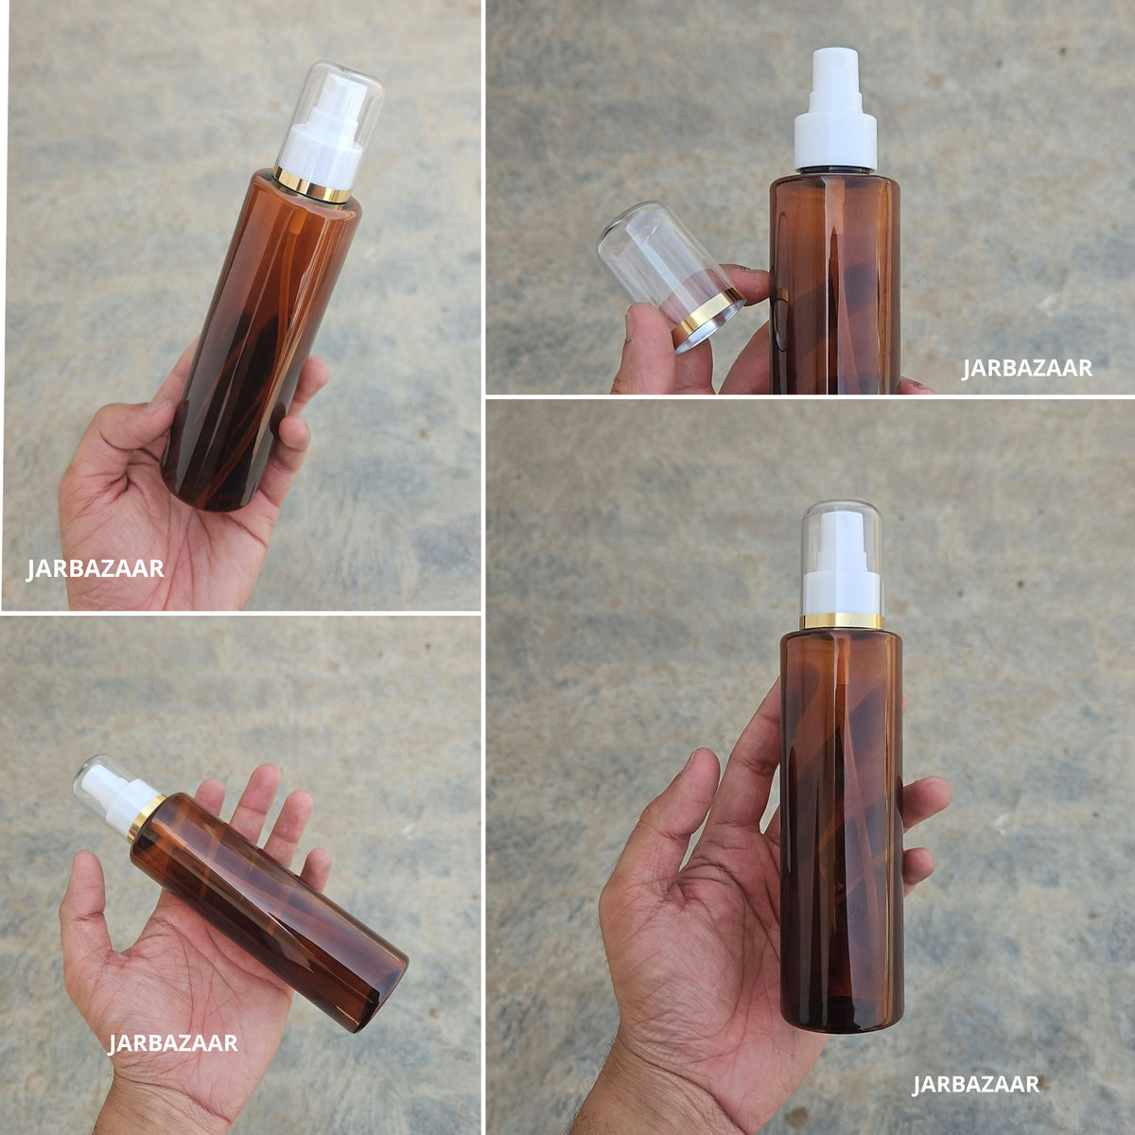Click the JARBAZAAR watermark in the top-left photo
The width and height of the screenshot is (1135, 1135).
(95, 569)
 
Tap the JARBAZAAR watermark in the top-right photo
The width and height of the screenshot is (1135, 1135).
(1027, 369)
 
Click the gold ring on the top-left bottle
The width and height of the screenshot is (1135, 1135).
(312, 184)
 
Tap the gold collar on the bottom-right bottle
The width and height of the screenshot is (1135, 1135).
(843, 620)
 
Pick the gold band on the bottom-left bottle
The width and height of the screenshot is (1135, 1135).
(146, 817)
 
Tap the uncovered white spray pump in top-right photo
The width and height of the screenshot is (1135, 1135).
(835, 111)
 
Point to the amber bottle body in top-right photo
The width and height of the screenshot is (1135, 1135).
(835, 283)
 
